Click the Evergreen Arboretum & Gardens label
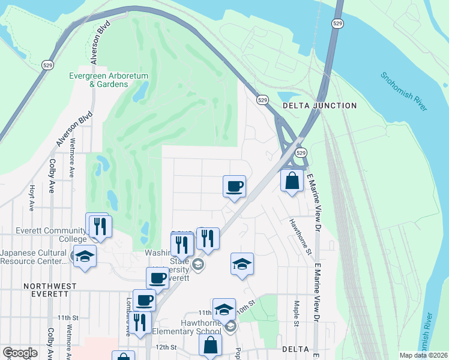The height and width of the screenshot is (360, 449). (x=98, y=80)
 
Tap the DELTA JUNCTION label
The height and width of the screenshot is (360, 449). (x=319, y=106)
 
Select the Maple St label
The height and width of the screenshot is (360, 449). (x=297, y=314)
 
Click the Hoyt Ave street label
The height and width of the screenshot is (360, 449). (x=32, y=197)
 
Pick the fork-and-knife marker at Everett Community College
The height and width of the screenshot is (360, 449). (x=100, y=226)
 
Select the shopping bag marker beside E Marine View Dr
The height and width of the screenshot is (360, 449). (x=292, y=180)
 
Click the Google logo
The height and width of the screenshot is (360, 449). (x=20, y=353)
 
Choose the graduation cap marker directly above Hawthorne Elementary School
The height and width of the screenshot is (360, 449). (x=223, y=308)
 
